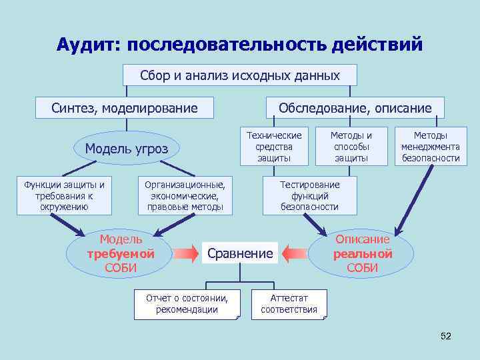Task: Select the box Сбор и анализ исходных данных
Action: tap(240, 75)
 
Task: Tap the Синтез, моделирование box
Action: tap(125, 108)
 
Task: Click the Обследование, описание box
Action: tap(355, 108)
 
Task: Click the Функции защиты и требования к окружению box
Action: tap(64, 195)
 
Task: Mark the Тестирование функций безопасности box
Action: tap(309, 195)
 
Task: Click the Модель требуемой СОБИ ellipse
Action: tap(120, 253)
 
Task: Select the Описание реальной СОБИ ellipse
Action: tap(362, 253)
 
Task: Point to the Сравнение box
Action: tap(240, 253)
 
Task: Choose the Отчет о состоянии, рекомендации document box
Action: tap(186, 304)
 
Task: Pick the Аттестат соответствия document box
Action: tap(289, 304)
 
